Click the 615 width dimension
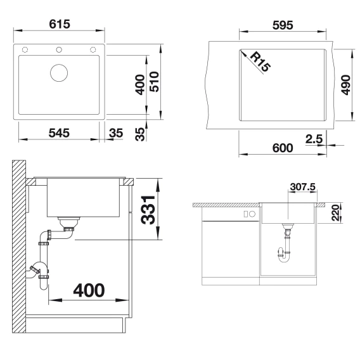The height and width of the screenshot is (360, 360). tap(60, 24)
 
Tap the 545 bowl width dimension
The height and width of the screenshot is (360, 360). tap(59, 133)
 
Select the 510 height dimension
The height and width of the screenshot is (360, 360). tap(155, 82)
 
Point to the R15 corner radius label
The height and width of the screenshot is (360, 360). tap(260, 61)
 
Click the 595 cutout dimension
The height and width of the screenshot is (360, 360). tap(283, 25)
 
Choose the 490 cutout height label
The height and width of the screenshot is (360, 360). tap(346, 85)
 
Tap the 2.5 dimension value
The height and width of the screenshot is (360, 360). tap(314, 139)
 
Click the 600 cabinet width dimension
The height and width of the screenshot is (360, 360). tap(283, 148)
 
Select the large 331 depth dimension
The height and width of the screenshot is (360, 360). tap(148, 210)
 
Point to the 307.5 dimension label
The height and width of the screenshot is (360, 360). tap(302, 187)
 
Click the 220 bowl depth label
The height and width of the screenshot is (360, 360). tap(335, 213)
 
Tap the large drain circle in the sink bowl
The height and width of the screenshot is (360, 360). tap(59, 73)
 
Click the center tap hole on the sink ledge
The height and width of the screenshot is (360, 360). tap(59, 49)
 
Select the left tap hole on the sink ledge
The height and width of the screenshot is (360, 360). tap(25, 49)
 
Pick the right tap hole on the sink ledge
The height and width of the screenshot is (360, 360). tap(93, 49)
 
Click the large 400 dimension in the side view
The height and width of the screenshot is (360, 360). tap(89, 290)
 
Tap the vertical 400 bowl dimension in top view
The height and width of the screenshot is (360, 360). tap(140, 84)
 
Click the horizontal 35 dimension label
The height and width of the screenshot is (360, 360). tap(116, 133)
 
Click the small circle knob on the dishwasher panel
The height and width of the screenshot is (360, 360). tap(252, 214)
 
